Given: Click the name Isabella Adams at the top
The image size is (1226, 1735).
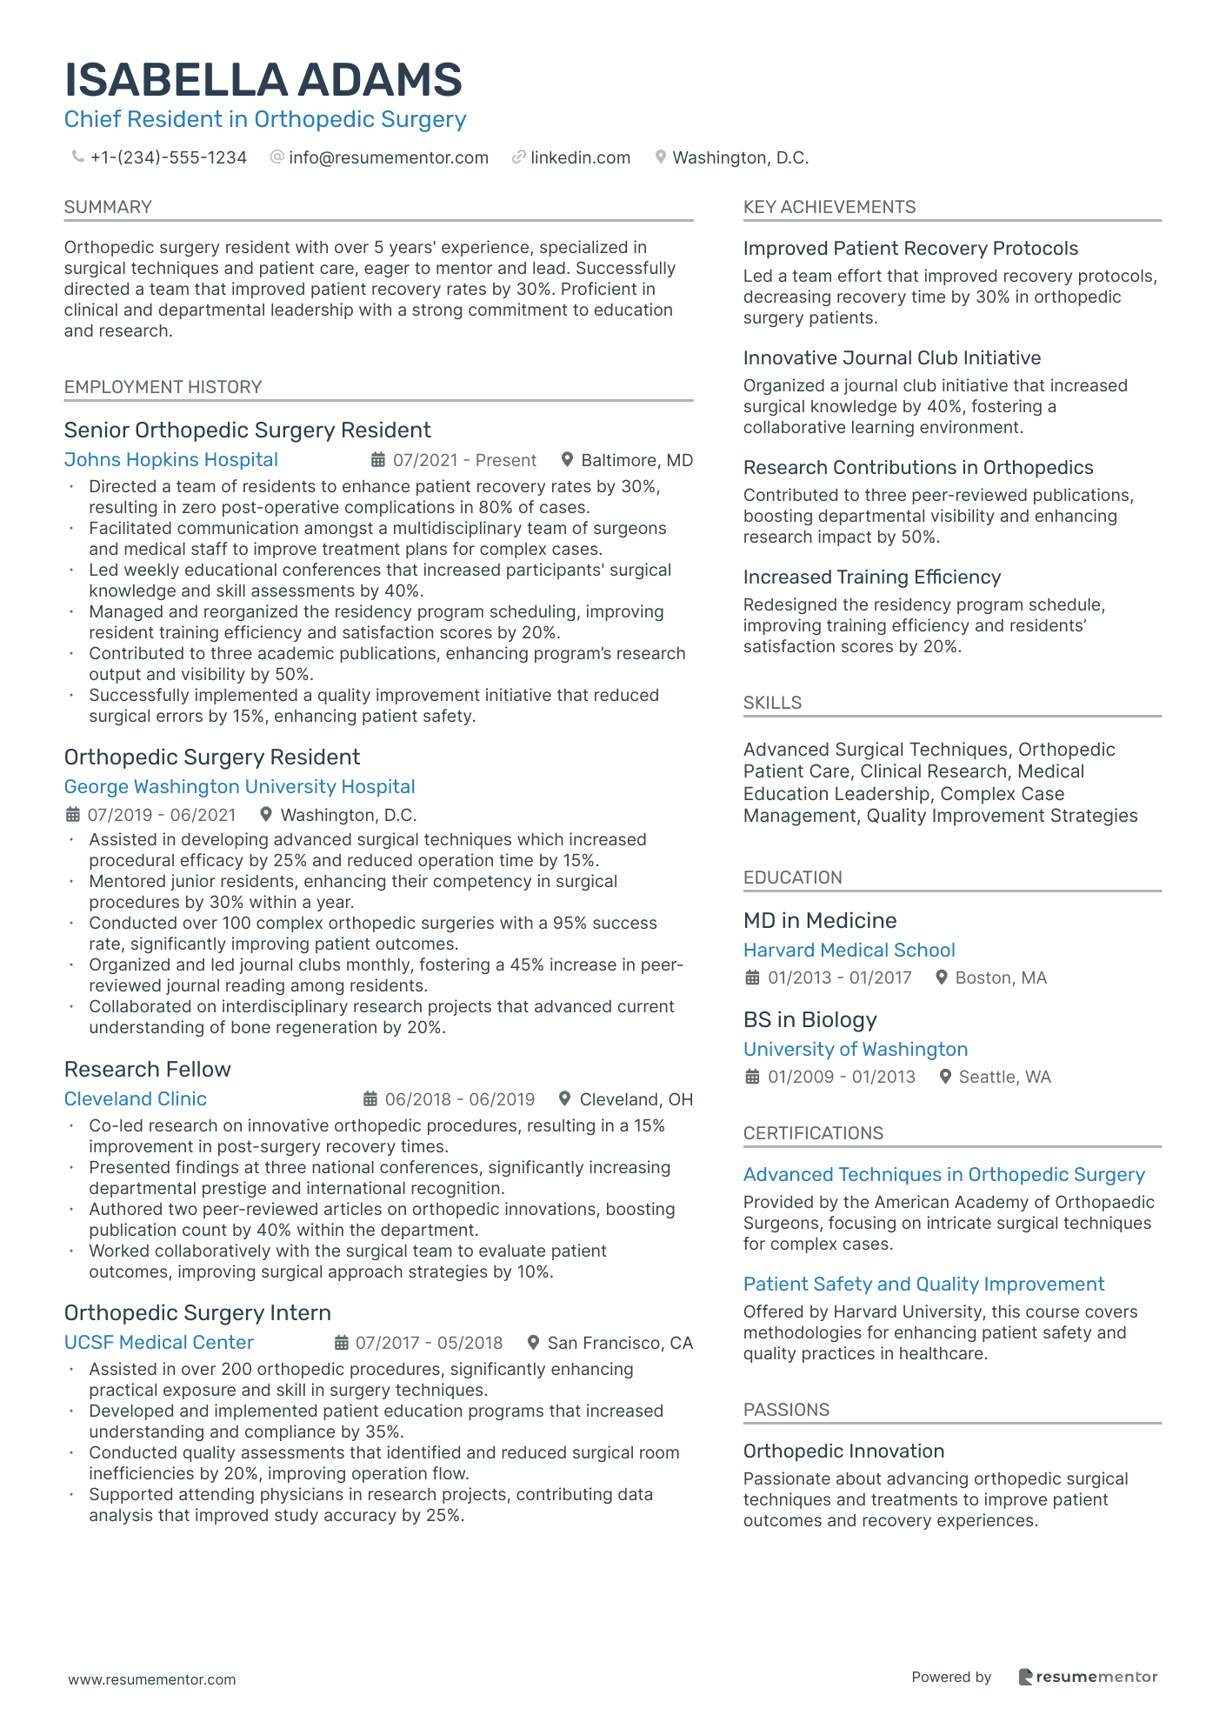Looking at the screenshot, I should [263, 80].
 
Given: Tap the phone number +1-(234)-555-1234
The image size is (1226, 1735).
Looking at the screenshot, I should [168, 157].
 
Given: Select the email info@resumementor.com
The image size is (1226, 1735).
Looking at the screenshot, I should [388, 157].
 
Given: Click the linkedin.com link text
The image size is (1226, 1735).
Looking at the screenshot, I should [580, 157].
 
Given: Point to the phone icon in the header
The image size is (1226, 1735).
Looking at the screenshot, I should [77, 157].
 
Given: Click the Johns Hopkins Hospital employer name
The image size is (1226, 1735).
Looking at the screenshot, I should [171, 460].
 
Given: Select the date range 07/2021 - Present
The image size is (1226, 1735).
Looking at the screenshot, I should [464, 460].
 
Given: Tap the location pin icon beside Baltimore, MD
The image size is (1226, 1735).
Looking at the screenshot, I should [567, 459].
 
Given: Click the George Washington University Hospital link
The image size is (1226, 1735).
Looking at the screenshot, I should [239, 787].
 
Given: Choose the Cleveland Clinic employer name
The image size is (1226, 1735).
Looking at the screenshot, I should [136, 1099].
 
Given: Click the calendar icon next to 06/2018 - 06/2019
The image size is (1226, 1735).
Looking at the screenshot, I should [370, 1098].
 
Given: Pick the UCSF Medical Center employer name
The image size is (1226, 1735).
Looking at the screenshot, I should [159, 1343].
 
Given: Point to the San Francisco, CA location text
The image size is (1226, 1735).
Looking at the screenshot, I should [620, 1343].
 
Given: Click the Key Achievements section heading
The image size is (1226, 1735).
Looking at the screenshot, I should [830, 207].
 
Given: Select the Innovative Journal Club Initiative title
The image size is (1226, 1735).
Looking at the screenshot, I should [892, 358].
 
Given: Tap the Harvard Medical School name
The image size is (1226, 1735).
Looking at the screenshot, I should [850, 951].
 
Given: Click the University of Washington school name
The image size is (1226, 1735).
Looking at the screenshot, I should [856, 1050].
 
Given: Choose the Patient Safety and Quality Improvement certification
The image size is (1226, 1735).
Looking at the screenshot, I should [923, 1285].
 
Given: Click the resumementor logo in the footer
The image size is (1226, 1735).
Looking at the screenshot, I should [1088, 1677].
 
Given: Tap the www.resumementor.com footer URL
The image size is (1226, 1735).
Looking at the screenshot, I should [152, 1679].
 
